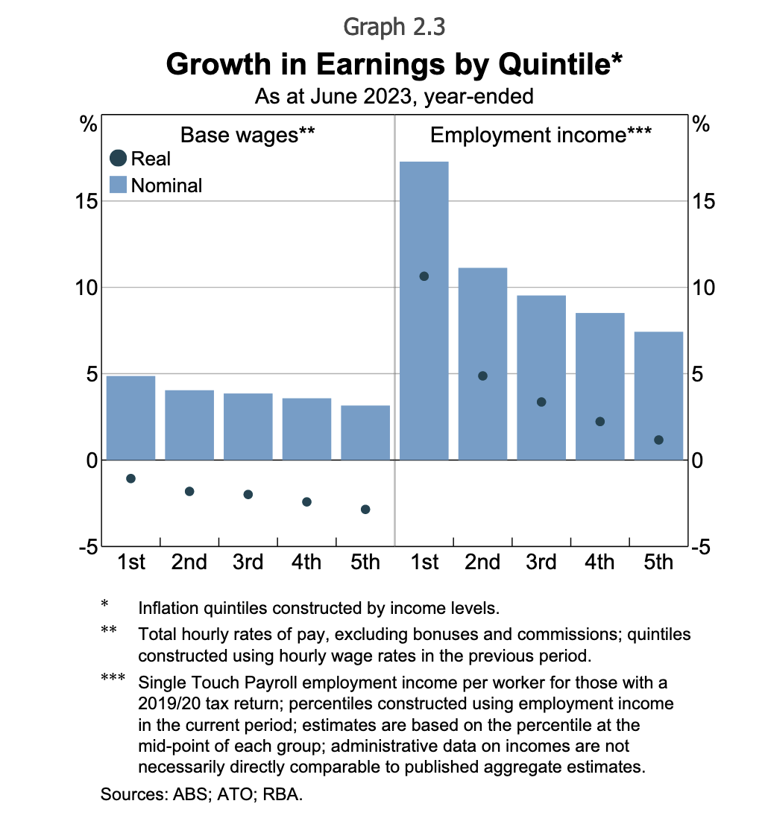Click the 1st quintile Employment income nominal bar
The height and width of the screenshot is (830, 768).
(x=424, y=310)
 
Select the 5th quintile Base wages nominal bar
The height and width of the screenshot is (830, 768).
(x=365, y=432)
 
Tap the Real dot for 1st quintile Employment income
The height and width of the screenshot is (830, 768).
(x=424, y=276)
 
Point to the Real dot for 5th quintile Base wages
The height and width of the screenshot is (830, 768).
(x=365, y=510)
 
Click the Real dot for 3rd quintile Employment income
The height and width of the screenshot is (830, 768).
(x=541, y=402)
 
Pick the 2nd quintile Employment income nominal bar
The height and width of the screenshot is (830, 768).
(x=482, y=364)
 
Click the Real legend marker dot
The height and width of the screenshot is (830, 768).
(x=118, y=159)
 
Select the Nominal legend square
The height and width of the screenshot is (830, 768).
(x=118, y=185)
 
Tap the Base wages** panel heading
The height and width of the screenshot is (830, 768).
(x=248, y=135)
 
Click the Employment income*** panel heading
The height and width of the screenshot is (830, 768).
(x=541, y=135)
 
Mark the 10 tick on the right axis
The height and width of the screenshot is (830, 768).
(x=703, y=288)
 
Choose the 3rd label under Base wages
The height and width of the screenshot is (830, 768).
(x=248, y=562)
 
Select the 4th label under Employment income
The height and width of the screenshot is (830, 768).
(x=599, y=562)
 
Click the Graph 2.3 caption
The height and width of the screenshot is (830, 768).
(x=394, y=27)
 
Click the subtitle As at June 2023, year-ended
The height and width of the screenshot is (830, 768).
(x=394, y=97)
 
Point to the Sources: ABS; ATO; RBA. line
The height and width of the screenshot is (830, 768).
(x=202, y=794)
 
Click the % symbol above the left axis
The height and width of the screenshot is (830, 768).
(x=89, y=124)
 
